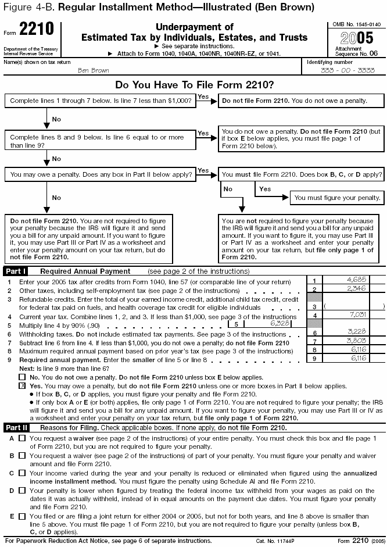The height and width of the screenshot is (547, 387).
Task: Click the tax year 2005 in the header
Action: (355, 41)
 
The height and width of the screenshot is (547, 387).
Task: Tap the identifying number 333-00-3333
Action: (345, 70)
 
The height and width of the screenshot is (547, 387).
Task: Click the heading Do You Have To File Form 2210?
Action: (194, 85)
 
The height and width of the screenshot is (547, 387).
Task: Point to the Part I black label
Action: (15, 271)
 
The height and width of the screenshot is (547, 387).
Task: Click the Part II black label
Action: (16, 427)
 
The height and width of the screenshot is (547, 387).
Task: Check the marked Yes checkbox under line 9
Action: (23, 386)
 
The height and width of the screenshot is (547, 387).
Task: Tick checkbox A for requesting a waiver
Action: (22, 438)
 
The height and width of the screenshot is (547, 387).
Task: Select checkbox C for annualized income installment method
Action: (22, 473)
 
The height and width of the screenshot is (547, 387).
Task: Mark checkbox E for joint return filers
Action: (22, 516)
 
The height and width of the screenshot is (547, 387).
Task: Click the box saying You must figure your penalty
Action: (338, 198)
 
